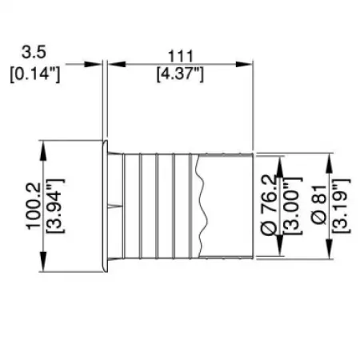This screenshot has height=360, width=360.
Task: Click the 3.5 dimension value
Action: [x=34, y=53]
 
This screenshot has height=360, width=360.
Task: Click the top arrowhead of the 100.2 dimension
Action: [x=42, y=147]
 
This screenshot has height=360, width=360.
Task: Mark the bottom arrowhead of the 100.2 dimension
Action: [x=42, y=265]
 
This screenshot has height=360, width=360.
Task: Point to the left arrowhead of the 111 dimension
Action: [x=111, y=64]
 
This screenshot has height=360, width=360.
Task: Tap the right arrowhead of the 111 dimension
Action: [x=249, y=64]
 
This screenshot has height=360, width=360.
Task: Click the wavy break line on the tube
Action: [x=202, y=205]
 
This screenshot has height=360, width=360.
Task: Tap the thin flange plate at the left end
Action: [x=103, y=205]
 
